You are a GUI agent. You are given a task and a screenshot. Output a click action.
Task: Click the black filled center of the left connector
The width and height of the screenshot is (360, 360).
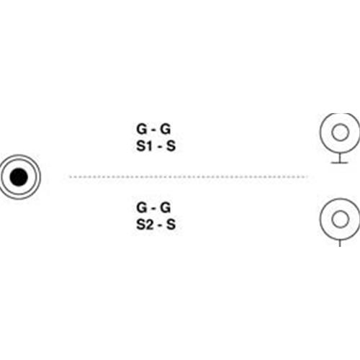tap(19, 177)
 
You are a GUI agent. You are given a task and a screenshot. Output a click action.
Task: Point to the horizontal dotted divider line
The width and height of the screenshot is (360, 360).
tap(189, 177)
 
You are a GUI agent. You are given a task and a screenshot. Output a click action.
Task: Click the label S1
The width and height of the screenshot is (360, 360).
tap(144, 145)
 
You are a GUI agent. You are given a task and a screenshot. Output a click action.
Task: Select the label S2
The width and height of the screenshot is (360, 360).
tap(144, 225)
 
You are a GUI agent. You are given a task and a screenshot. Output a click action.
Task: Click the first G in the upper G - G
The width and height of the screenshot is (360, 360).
tap(142, 129)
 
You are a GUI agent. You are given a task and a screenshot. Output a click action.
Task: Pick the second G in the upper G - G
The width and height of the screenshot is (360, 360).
tap(166, 129)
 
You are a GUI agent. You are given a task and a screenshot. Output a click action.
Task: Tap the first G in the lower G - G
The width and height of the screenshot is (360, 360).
tap(142, 207)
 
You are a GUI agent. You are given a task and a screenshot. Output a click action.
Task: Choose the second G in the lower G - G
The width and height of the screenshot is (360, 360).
tap(166, 207)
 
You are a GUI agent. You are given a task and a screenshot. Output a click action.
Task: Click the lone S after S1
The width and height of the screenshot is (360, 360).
tap(171, 145)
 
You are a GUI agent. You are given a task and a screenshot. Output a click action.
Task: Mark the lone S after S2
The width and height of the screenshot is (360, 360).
tap(171, 225)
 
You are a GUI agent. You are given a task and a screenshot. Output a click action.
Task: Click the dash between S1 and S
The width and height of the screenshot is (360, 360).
tap(160, 147)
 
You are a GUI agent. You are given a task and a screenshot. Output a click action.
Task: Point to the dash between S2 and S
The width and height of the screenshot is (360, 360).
tap(160, 225)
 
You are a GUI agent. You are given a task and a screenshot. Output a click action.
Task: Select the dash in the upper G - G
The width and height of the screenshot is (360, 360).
tap(153, 130)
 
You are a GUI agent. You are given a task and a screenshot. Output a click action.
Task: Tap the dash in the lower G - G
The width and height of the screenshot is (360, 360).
tap(153, 209)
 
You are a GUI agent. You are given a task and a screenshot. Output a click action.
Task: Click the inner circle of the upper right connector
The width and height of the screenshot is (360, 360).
tap(340, 124)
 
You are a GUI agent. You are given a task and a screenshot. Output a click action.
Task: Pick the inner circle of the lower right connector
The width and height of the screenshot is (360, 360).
tap(340, 210)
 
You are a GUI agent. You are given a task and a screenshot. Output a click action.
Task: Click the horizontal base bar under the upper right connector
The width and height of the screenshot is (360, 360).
tap(339, 163)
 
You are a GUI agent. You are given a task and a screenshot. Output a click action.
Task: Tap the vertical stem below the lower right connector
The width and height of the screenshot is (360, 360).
tap(340, 243)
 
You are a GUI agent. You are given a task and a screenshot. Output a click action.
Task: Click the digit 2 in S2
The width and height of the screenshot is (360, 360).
tap(149, 225)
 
